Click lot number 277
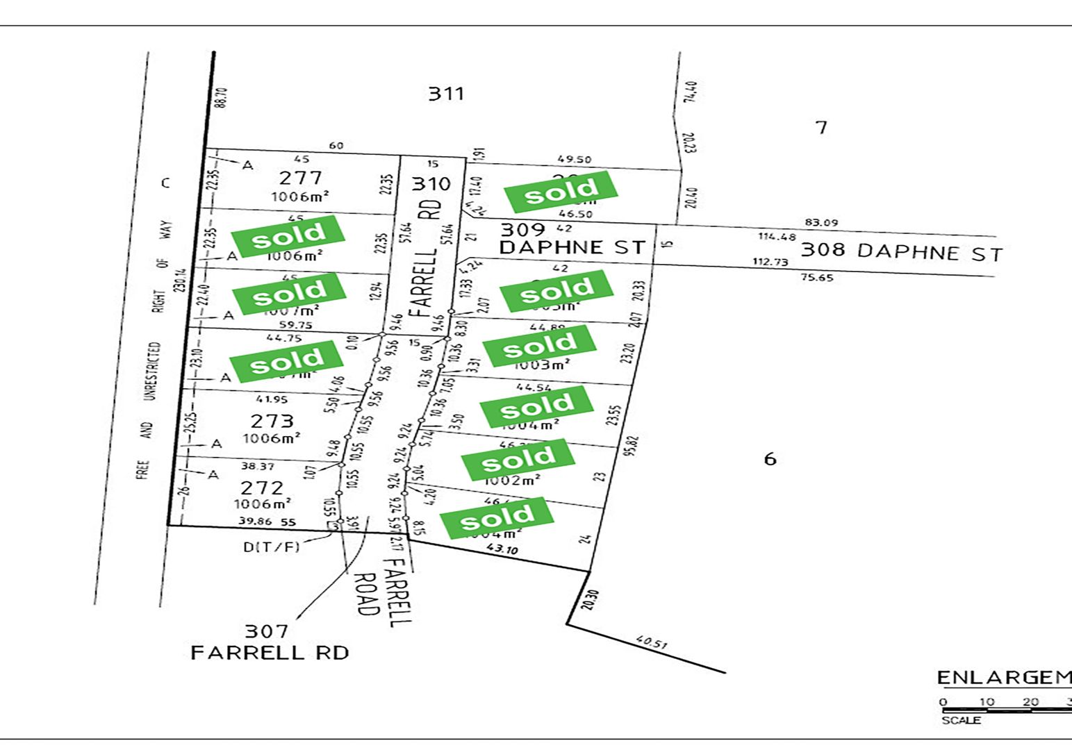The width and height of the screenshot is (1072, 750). (x=300, y=177)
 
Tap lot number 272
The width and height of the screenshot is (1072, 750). (x=262, y=487)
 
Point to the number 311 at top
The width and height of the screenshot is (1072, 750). (x=445, y=93)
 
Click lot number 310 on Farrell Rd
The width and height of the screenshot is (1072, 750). (x=431, y=184)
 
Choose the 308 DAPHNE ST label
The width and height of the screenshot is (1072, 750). (x=902, y=251)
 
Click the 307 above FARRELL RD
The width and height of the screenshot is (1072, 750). (x=266, y=631)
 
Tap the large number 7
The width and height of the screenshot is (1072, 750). (x=821, y=128)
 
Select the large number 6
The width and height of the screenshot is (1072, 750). (x=770, y=459)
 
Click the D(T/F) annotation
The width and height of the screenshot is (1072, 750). (x=272, y=547)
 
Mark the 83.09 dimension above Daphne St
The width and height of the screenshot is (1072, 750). (x=821, y=223)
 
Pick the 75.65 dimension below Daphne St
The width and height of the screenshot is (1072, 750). (x=817, y=278)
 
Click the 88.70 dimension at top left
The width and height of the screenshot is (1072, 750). (x=222, y=97)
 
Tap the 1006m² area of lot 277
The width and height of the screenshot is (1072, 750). (x=299, y=197)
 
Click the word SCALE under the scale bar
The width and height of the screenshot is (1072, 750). (x=961, y=721)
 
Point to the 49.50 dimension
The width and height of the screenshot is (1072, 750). (x=575, y=160)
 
